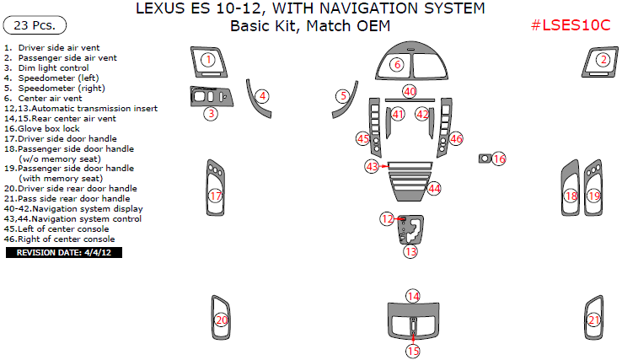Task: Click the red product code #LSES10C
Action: tap(571, 24)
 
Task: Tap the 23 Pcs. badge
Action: tap(35, 25)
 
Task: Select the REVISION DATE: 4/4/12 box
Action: tap(64, 252)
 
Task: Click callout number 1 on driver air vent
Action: tap(207, 59)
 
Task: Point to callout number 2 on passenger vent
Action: tap(603, 59)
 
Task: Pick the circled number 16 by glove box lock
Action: tap(499, 159)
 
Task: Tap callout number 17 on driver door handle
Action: tap(216, 196)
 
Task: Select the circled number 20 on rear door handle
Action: tap(221, 320)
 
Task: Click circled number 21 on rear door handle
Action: tap(594, 320)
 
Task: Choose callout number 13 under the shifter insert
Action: tap(410, 251)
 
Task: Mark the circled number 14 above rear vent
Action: tap(413, 296)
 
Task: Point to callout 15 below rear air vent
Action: tap(413, 350)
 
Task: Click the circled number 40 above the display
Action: tap(410, 91)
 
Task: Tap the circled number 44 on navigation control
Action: tap(434, 188)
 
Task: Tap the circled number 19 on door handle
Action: tap(594, 196)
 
